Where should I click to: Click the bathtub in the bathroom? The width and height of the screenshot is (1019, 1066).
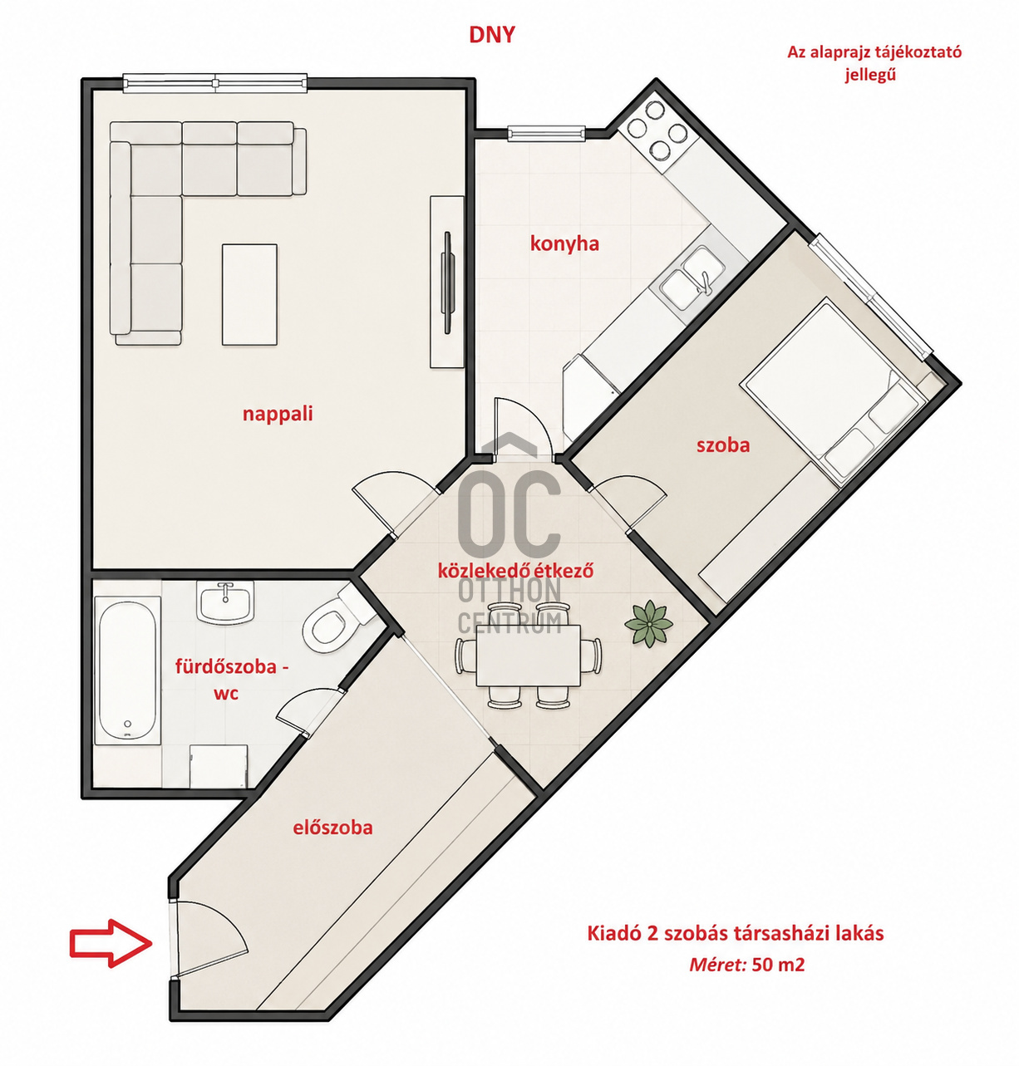tap(128, 670)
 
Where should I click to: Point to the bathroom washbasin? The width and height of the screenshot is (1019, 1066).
tap(225, 602)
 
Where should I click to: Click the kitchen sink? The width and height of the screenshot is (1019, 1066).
tap(692, 278)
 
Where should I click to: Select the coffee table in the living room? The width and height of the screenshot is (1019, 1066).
tap(249, 295)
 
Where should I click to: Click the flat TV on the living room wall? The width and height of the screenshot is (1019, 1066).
tap(448, 282)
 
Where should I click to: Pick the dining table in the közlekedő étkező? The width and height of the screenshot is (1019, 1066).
tap(528, 656)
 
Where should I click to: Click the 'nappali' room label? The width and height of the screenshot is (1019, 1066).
tap(278, 414)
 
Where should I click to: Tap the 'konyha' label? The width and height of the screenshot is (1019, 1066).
tap(564, 243)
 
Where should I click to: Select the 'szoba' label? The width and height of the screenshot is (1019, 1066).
tap(723, 445)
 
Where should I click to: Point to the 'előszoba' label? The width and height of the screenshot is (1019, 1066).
tap(332, 828)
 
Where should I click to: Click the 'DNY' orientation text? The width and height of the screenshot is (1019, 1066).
tap(492, 35)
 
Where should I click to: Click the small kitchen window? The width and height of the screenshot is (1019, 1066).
tap(546, 133)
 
